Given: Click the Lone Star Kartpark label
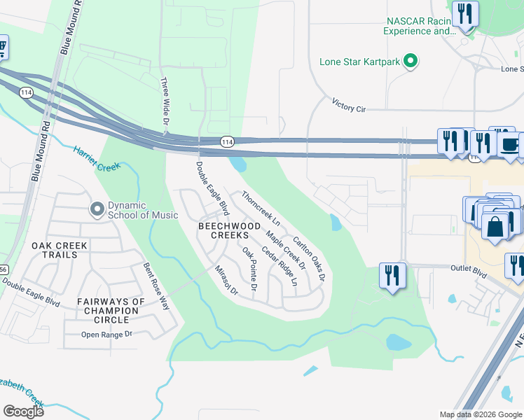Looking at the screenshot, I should [x=359, y=62].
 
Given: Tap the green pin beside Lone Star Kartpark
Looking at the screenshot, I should [x=411, y=62].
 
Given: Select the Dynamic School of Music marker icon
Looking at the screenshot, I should [x=97, y=209].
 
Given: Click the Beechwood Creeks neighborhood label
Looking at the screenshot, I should [x=229, y=230].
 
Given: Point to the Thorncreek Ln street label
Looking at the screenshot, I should [x=261, y=208].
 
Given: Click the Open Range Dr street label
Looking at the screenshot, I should [x=106, y=335].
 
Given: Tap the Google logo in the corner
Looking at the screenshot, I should [x=23, y=412].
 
